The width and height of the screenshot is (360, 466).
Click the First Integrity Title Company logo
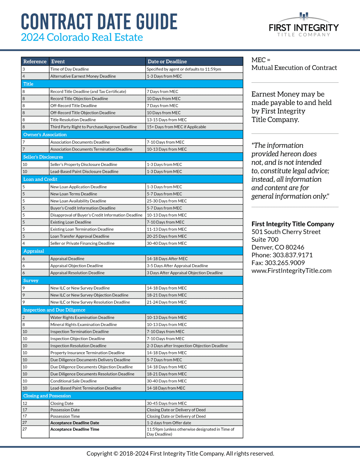(x=304, y=25)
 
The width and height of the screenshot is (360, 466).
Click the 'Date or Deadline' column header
(x=167, y=62)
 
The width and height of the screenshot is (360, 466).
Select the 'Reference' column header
(x=35, y=62)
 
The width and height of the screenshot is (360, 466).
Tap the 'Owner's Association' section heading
(x=45, y=135)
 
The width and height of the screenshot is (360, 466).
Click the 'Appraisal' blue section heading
(x=34, y=251)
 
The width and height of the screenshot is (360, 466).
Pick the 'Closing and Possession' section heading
(x=47, y=396)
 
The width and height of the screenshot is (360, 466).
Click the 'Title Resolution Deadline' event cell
(x=73, y=120)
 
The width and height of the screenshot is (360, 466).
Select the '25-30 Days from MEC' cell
(x=167, y=201)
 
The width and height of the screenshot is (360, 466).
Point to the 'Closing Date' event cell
(x=62, y=404)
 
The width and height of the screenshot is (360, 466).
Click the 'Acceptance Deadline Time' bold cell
(x=75, y=429)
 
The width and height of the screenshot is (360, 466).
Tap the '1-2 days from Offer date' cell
(x=169, y=423)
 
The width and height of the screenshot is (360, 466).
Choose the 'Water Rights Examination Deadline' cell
(x=82, y=318)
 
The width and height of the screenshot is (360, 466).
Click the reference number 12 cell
(x=25, y=404)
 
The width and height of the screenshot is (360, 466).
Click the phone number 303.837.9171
(x=292, y=255)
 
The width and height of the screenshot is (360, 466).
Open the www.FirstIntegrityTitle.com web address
(x=291, y=271)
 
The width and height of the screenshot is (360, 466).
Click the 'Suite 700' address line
(x=265, y=240)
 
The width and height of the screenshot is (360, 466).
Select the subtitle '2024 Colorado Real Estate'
(x=82, y=37)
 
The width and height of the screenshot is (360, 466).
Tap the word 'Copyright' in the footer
(x=99, y=454)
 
